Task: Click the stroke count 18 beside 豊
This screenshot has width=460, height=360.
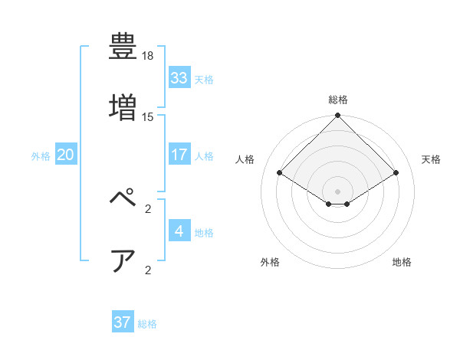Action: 148,56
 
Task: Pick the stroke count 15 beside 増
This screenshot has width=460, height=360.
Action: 148,117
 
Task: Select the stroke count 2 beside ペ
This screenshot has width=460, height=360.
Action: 148,208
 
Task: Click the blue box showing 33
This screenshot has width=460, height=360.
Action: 179,77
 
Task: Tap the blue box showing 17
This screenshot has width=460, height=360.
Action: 179,155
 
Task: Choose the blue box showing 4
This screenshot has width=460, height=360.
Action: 179,231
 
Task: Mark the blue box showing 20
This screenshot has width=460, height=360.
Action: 65,155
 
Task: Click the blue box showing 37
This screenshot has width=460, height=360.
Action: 123,322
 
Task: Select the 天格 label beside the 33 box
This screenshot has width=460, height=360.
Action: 204,79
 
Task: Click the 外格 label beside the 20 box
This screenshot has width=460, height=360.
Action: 41,155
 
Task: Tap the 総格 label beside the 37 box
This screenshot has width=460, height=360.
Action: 147,324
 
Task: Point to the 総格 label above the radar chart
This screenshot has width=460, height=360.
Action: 337,100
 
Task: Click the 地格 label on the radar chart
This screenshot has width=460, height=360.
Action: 402,262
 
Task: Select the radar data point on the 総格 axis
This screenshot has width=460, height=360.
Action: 337,116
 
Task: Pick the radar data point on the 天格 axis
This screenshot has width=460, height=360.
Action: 396,173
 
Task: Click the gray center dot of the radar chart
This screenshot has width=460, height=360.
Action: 337,191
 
